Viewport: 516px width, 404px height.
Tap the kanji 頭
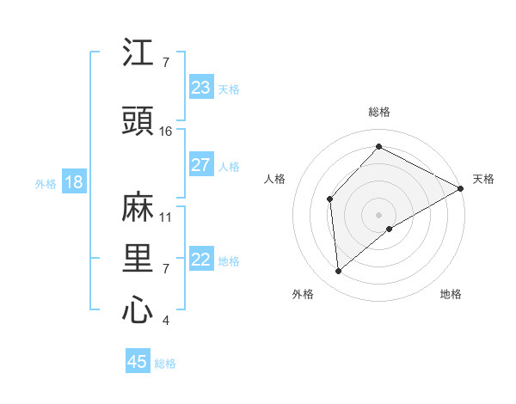click(138, 122)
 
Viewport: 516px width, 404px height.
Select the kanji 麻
click(138, 207)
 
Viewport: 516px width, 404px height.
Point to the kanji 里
click(138, 259)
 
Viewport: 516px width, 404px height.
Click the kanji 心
click(138, 310)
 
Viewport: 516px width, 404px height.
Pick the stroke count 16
click(166, 132)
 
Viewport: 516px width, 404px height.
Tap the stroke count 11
click(166, 217)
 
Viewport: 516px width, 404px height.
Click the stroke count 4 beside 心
click(166, 321)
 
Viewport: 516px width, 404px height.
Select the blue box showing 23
click(201, 88)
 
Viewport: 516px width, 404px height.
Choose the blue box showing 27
click(201, 165)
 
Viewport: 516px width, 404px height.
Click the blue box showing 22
click(201, 260)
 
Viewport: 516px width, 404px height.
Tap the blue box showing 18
click(73, 182)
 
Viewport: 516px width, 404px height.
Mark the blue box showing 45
click(138, 362)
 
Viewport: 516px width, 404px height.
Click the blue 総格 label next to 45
click(165, 364)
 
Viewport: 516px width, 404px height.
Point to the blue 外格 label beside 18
click(46, 183)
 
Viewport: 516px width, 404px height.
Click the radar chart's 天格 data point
click(461, 189)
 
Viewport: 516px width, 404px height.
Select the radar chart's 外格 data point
click(339, 272)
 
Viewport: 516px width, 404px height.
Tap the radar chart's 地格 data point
click(390, 229)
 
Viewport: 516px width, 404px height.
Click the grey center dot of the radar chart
click(378, 213)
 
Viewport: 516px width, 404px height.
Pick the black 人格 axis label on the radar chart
click(275, 179)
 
